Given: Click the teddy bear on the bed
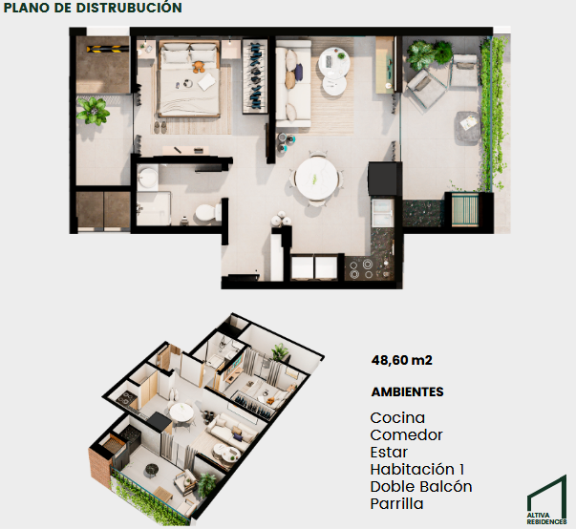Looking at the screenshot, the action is coord(199,67).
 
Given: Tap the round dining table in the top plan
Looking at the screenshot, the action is coord(317,179).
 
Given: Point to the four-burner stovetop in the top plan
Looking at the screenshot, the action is coord(361,268).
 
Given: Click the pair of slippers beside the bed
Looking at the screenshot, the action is coord(160,127).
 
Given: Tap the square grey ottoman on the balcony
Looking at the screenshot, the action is coord(468,127).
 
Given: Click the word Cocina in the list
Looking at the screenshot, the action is coord(397,418).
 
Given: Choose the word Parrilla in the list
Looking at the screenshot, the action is coord(396,503).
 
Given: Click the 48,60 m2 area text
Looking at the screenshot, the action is coord(402,360).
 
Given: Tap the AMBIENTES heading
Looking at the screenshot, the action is coord(407,392).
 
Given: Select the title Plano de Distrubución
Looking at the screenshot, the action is coord(93,8).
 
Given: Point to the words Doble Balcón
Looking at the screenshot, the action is coord(421,486).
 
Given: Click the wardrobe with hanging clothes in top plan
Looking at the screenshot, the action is coord(254,76).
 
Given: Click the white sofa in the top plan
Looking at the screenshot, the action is coord(293,84).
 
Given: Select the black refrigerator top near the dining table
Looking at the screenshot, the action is coord(382,179).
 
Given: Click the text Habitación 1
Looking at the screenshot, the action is coord(417,469).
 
